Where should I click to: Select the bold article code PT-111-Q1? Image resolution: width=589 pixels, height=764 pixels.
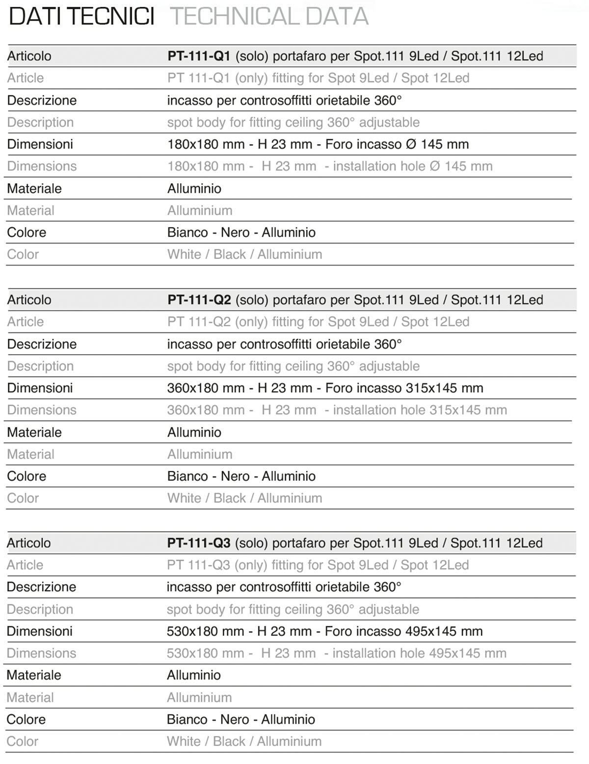[x=199, y=56]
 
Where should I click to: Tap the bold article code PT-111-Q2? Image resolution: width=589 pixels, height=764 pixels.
[x=199, y=300]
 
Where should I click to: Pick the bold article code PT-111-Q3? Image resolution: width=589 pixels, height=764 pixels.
[x=198, y=543]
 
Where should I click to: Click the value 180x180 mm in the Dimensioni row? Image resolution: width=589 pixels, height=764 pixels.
[x=206, y=144]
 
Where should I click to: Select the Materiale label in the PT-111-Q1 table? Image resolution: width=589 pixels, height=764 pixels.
[x=34, y=189]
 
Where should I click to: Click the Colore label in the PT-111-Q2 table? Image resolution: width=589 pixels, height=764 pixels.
[x=27, y=476]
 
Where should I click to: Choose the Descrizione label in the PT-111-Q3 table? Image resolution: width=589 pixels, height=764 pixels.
[x=41, y=587]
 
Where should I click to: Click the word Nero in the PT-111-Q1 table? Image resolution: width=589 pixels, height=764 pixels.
[x=235, y=233]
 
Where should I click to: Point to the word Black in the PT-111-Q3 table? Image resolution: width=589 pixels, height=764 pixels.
[x=229, y=741]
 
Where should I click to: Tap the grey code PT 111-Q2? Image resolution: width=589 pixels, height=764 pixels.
[x=199, y=322]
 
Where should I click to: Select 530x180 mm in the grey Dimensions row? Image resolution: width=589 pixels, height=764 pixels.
[x=205, y=654]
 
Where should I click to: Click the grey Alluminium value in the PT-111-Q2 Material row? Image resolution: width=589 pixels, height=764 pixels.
[x=200, y=454]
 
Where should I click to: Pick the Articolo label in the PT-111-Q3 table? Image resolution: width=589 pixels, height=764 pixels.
[x=28, y=543]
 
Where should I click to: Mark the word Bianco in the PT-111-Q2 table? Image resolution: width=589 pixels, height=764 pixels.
[x=187, y=476]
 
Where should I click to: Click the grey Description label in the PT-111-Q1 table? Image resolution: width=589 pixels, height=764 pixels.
[x=40, y=122]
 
